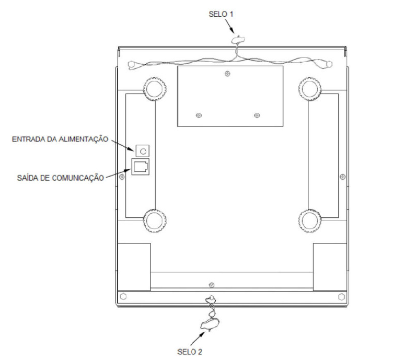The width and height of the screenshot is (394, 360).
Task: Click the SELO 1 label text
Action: coord(221,14)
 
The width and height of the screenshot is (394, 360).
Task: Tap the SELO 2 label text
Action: coord(190,352)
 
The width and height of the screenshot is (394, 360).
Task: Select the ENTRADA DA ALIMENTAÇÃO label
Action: coord(60,139)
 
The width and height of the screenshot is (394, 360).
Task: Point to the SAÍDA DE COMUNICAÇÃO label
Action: coord(60,178)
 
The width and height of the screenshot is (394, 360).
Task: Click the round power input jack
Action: coord(143,151)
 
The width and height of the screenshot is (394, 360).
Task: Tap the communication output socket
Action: coord(141,167)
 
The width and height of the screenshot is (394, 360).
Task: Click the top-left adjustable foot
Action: coord(155,89)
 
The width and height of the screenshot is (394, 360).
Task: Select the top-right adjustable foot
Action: coord(310,89)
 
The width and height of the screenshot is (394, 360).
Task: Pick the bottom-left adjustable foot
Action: coord(155,221)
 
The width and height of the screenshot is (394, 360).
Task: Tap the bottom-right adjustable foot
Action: coord(310,221)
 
